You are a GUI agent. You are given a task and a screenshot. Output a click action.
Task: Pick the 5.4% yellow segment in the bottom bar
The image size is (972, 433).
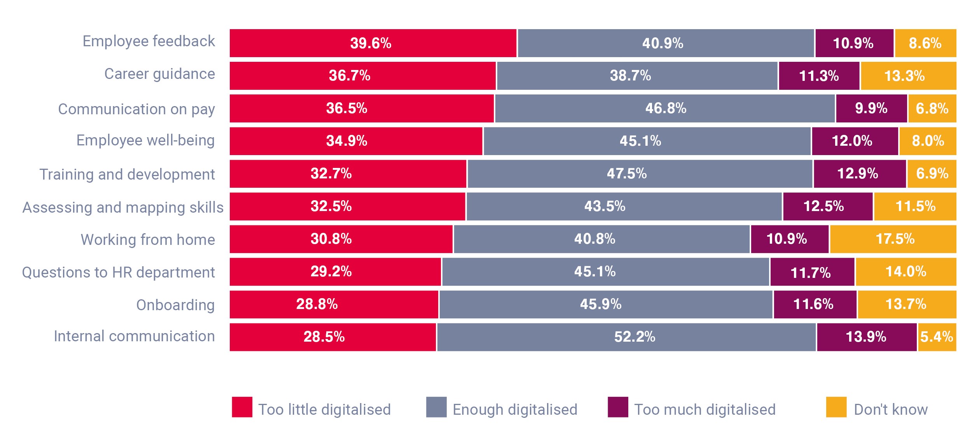tap(937, 337)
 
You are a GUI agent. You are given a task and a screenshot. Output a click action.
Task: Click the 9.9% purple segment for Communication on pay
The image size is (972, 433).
tap(871, 108)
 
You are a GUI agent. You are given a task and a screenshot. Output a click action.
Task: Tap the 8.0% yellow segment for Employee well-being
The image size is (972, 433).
tap(927, 141)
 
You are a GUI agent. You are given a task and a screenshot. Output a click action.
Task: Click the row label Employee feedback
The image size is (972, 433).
tap(149, 41)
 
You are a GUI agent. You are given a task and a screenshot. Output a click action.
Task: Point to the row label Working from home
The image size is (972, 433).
tap(148, 240)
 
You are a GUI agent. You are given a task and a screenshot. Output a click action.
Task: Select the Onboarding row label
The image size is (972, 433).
tap(175, 305)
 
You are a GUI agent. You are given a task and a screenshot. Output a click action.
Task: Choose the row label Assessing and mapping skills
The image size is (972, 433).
tap(123, 208)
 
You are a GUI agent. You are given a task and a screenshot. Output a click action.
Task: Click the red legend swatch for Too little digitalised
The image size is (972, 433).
tap(242, 407)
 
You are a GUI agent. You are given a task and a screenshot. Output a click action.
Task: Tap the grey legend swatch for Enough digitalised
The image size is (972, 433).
tap(436, 407)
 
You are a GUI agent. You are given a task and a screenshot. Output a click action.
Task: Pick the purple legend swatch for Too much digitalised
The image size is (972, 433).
tap(618, 407)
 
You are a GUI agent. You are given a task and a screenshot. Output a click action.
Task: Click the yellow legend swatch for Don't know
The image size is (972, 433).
tap(836, 407)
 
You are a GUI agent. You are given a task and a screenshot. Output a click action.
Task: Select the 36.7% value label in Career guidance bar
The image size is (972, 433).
tap(350, 76)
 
